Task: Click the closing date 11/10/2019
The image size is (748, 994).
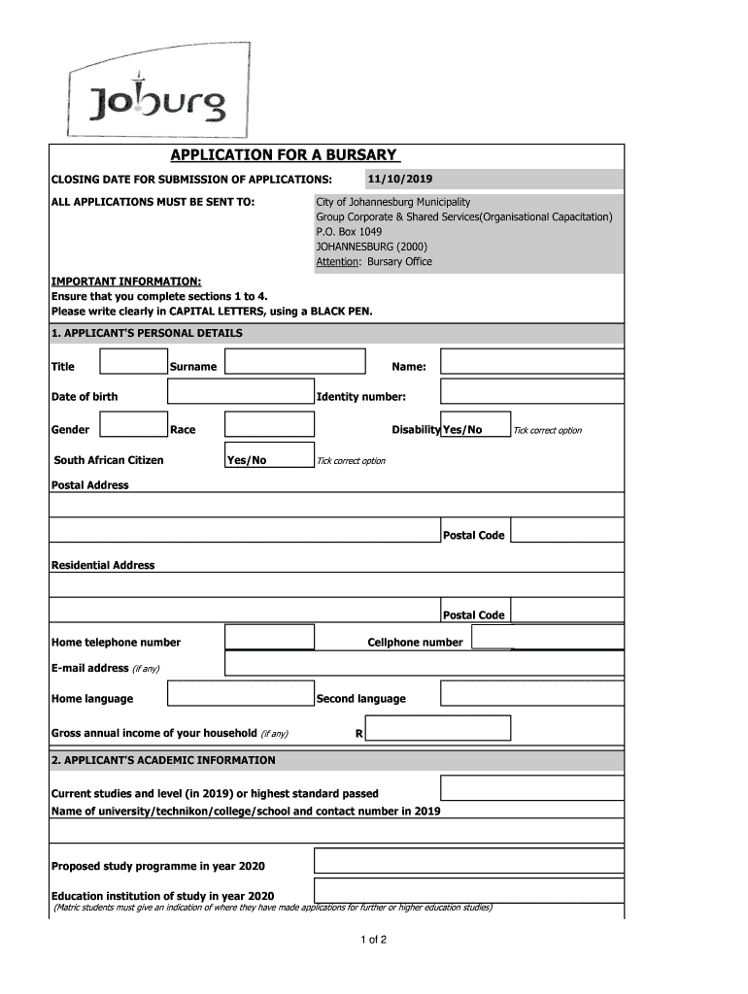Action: tap(400, 180)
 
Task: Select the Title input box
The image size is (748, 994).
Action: tap(133, 363)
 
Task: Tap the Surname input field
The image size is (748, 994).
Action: tap(295, 363)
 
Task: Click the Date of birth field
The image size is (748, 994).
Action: tap(240, 392)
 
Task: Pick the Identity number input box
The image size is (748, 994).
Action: tap(531, 392)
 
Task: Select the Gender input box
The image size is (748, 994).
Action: tap(133, 425)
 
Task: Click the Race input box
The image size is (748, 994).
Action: tap(269, 425)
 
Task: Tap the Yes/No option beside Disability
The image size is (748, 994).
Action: tap(462, 429)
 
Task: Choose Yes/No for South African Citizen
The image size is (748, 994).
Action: tap(247, 459)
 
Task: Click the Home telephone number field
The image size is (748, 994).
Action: tap(269, 638)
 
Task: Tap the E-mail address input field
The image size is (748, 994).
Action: tap(424, 664)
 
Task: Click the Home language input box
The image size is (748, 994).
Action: tap(240, 695)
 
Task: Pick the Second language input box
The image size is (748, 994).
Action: tap(531, 695)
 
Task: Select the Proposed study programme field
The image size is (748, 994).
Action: tap(468, 862)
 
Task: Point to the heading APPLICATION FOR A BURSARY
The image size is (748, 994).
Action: tap(284, 155)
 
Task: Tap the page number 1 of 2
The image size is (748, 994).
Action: tap(374, 940)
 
